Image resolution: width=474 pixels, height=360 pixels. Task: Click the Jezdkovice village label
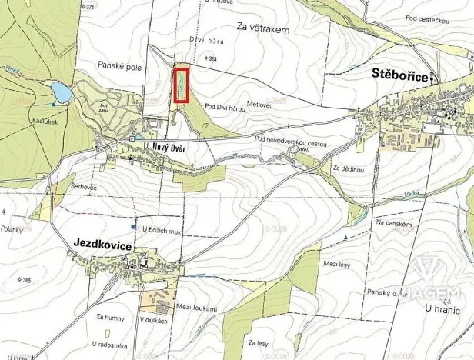tap(102, 242)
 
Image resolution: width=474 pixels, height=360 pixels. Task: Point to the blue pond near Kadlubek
tap(60, 93)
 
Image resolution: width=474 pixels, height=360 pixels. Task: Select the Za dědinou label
tap(347, 167)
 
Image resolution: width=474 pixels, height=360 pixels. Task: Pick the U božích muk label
tap(159, 228)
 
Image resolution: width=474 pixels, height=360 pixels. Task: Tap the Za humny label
tap(111, 316)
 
